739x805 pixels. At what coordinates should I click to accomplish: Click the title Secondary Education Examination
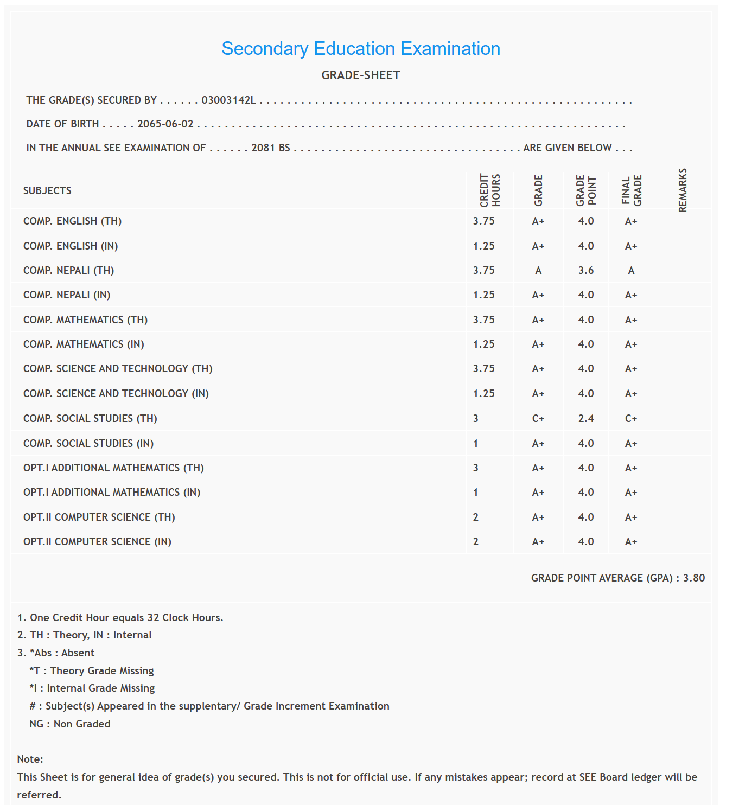click(361, 49)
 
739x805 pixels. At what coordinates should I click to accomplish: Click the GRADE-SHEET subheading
click(361, 75)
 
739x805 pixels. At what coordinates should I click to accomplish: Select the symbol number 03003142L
click(228, 100)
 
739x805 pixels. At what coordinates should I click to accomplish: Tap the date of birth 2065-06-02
click(165, 124)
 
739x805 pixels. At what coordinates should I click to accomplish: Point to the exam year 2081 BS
click(271, 148)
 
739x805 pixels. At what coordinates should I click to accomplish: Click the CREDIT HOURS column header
click(489, 190)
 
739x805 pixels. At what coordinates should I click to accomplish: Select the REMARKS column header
click(683, 190)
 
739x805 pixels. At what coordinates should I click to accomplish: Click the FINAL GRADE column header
click(632, 190)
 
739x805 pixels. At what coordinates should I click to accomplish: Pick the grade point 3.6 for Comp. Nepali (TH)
click(586, 271)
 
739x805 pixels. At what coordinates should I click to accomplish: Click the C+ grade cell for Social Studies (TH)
click(538, 419)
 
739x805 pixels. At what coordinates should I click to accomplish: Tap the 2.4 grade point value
click(586, 419)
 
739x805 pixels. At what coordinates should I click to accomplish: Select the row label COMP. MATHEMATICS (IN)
click(84, 344)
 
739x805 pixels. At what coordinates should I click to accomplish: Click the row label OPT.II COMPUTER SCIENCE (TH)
click(99, 517)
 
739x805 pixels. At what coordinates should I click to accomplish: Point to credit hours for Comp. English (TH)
click(483, 221)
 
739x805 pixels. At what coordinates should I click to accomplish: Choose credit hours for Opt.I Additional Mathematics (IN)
click(476, 493)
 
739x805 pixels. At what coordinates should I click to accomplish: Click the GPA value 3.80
click(694, 578)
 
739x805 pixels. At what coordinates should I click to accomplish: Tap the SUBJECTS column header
click(47, 191)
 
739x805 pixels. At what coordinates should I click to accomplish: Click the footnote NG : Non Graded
click(70, 724)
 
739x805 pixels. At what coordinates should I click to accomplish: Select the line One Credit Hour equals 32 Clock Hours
click(120, 618)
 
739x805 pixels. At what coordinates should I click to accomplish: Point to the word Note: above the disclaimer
click(30, 759)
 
